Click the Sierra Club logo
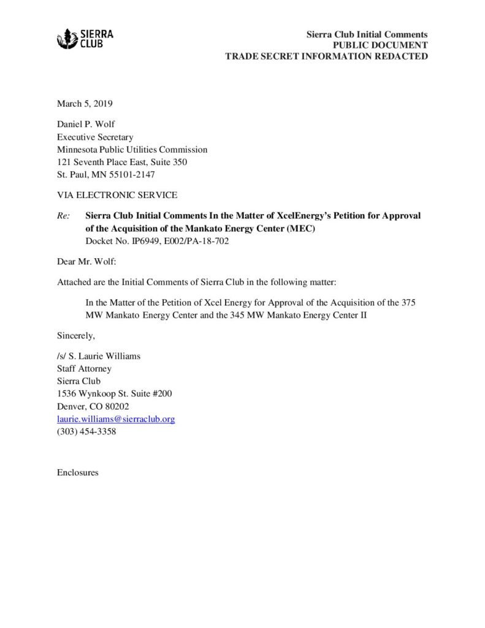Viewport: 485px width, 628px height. pos(85,39)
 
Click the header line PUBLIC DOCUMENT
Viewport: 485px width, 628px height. pos(380,45)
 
